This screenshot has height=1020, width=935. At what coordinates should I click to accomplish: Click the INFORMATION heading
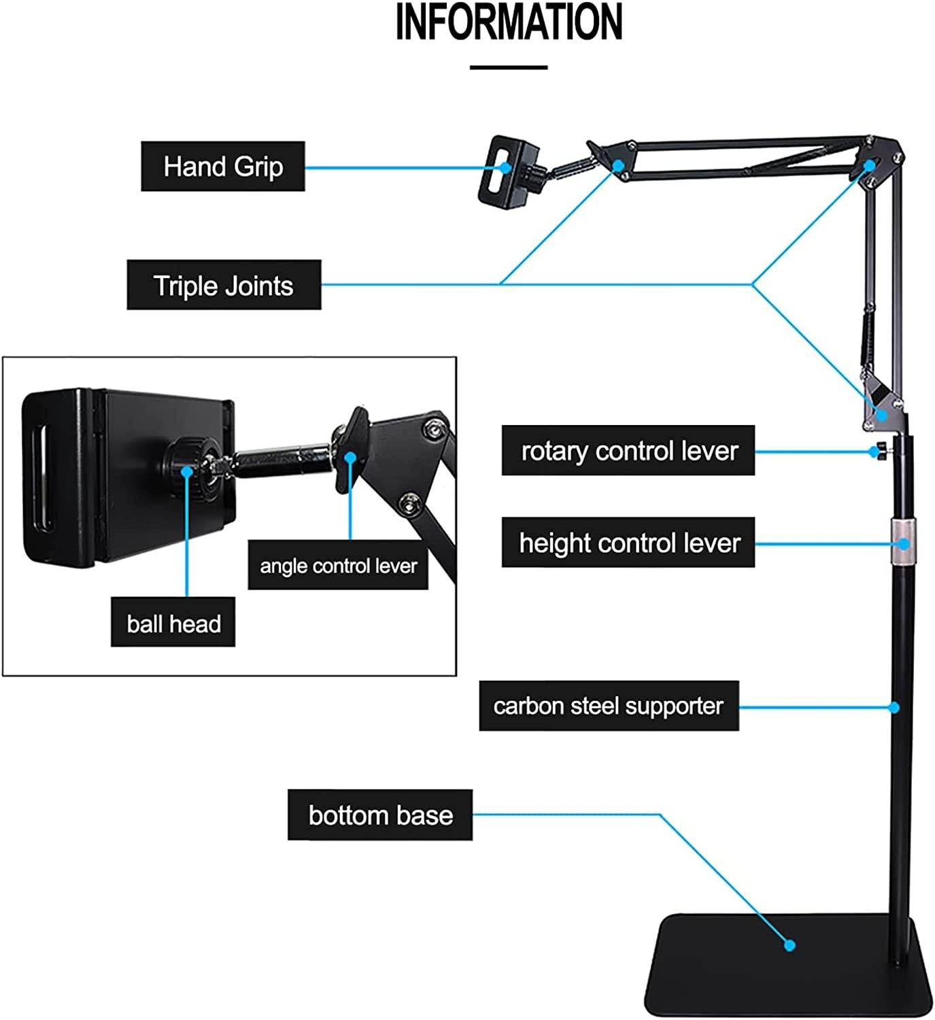click(509, 22)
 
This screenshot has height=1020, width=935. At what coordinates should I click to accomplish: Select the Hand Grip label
click(223, 167)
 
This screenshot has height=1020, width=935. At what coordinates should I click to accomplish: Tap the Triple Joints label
click(224, 286)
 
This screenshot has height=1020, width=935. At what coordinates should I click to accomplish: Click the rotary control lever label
click(628, 451)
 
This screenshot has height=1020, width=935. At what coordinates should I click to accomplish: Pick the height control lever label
click(628, 543)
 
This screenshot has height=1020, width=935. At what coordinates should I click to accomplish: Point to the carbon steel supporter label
click(609, 707)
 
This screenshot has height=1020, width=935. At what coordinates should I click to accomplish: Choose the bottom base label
click(380, 815)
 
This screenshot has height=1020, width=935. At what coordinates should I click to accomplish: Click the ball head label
click(173, 623)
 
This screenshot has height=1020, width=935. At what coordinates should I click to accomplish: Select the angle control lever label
click(338, 566)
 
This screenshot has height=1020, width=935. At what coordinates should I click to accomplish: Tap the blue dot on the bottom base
click(789, 945)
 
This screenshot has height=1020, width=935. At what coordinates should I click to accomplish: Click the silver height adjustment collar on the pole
click(901, 544)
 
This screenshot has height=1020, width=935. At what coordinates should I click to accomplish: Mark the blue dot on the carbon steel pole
click(895, 708)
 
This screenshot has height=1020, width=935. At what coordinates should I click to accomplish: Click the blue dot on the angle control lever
click(350, 458)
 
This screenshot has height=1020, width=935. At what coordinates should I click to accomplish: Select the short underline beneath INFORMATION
click(509, 67)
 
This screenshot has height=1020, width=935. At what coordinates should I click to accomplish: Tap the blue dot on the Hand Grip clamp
click(505, 167)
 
